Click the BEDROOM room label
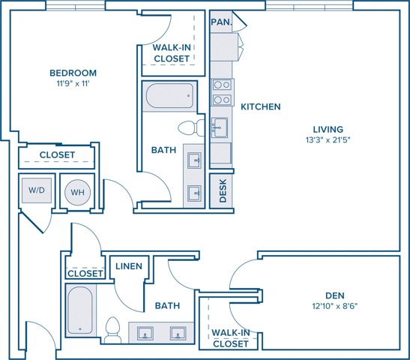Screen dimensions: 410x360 coord(73,73)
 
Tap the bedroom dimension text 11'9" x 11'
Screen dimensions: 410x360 coord(73,84)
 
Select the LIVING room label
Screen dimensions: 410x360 coord(328,129)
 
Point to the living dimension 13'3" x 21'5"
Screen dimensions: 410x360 coord(328,140)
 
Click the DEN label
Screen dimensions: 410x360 coord(335,295)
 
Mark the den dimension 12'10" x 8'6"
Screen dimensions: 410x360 coord(335,306)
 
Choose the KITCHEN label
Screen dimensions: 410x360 coord(260,106)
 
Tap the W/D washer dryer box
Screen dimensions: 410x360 coord(37,190)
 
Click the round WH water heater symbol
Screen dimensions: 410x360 coord(77,192)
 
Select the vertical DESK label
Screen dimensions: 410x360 coord(223,190)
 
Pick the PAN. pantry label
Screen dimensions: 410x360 coord(221,22)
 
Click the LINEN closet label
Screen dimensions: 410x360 coord(129,266)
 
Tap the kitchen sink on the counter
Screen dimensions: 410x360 coord(220,127)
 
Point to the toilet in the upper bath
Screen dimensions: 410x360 coord(191,128)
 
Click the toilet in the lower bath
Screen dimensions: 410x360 coord(112,330)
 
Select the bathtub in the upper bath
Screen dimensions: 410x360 coord(169,95)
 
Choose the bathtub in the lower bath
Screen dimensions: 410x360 coord(79,310)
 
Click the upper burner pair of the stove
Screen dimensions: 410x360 coord(222,85)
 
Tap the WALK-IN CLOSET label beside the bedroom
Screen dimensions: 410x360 coord(172,53)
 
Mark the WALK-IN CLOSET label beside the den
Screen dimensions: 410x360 coord(231,338)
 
